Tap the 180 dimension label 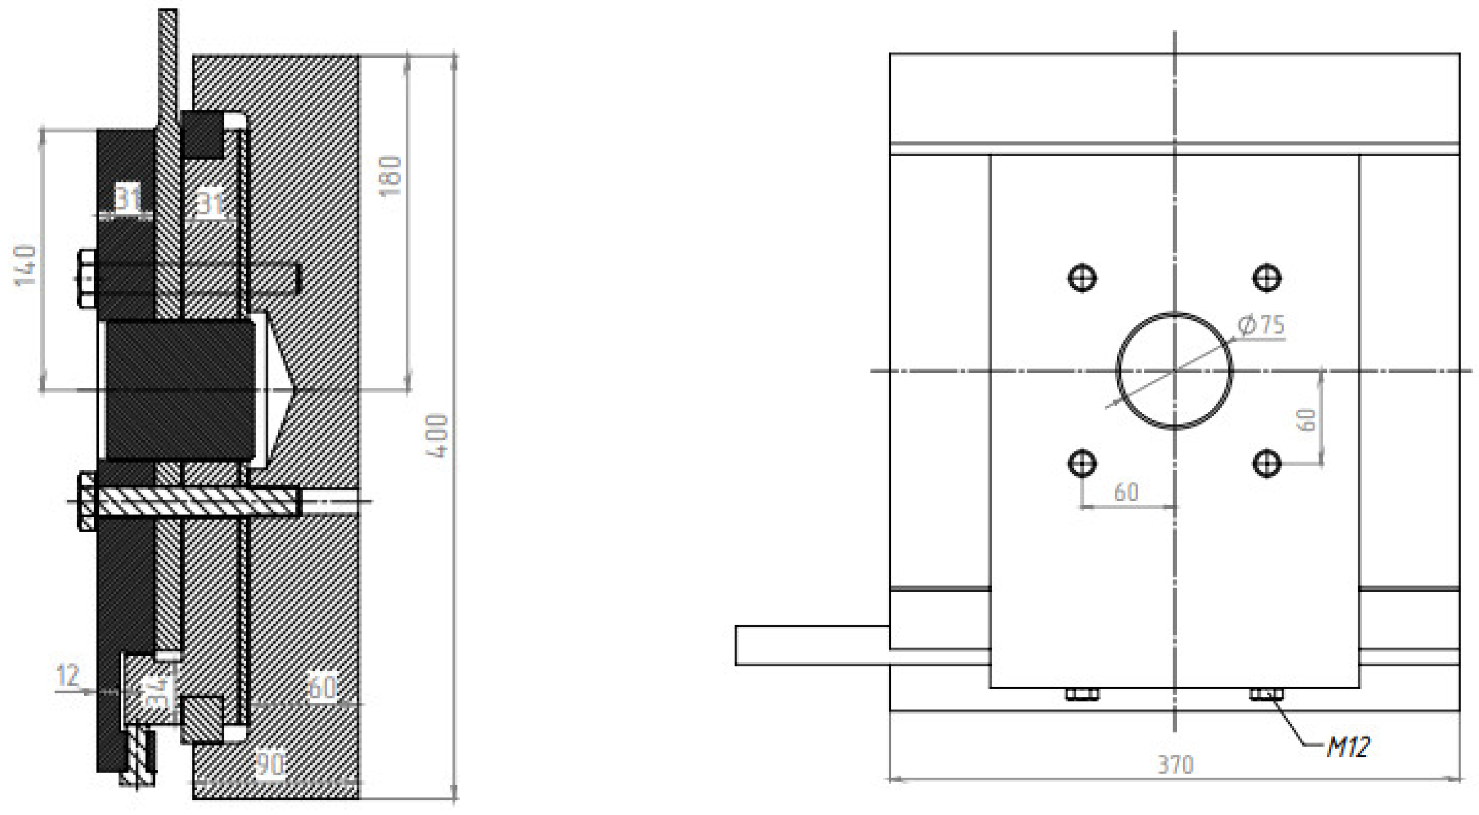pos(391,175)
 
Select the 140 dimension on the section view pos(25,265)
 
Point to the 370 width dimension pos(1175,764)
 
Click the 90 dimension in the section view pos(270,764)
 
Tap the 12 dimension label pos(68,675)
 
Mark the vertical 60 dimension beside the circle pos(1307,420)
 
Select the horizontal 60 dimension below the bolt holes pos(1126,492)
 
